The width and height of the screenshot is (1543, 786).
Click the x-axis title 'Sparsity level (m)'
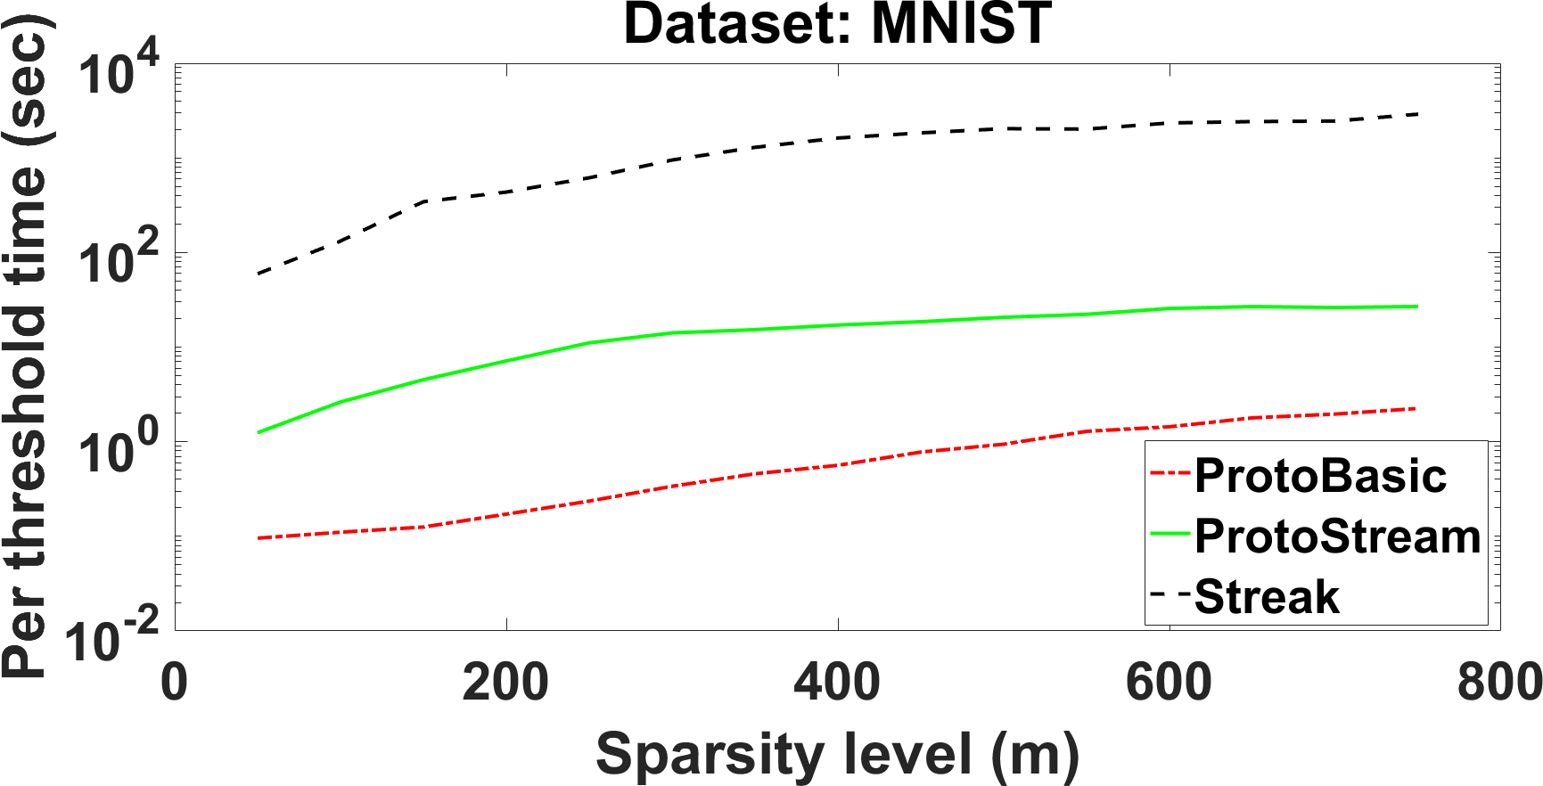[x=837, y=756]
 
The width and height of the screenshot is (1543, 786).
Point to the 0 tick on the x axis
[x=175, y=684]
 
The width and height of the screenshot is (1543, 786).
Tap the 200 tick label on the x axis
[x=506, y=684]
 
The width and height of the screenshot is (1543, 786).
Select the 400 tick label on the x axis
[x=838, y=684]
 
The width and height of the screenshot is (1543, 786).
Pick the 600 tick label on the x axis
[x=1170, y=684]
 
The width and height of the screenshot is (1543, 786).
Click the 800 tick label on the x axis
[x=1499, y=684]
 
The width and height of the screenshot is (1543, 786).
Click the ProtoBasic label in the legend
[x=1320, y=476]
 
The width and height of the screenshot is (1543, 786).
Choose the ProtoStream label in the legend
[x=1338, y=536]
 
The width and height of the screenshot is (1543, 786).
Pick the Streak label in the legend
[x=1267, y=596]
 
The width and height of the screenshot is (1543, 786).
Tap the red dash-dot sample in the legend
[x=1170, y=473]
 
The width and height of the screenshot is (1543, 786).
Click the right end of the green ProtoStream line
[x=1417, y=307]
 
